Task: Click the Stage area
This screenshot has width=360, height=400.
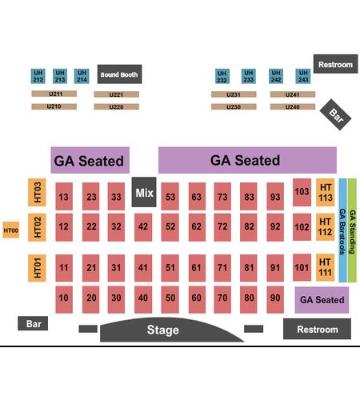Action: click(x=170, y=330)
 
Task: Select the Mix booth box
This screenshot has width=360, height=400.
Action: click(x=144, y=192)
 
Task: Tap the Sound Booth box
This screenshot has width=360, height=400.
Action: click(x=119, y=74)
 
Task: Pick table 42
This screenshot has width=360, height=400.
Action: click(x=143, y=226)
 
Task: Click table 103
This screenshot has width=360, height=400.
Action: click(x=302, y=192)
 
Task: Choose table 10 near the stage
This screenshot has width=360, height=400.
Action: click(x=64, y=299)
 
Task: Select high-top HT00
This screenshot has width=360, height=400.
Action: click(x=11, y=230)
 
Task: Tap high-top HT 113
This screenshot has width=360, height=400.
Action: click(x=326, y=192)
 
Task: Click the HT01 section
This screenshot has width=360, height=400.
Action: click(x=37, y=268)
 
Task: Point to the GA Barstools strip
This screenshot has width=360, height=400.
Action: click(x=342, y=230)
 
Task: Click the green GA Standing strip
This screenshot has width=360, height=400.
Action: click(x=352, y=230)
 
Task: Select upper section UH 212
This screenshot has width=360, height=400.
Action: click(x=38, y=76)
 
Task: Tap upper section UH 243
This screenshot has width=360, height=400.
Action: click(x=303, y=76)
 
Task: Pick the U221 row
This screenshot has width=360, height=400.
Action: click(x=117, y=94)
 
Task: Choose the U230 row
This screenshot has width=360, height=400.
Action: click(x=234, y=106)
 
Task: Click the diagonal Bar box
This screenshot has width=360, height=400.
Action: click(x=335, y=114)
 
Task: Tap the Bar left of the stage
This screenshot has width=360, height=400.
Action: click(x=33, y=323)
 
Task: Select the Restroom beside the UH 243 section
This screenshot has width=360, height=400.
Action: click(x=335, y=64)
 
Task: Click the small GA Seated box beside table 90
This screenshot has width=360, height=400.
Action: click(x=322, y=300)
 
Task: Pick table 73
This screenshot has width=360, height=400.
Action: click(x=222, y=197)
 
